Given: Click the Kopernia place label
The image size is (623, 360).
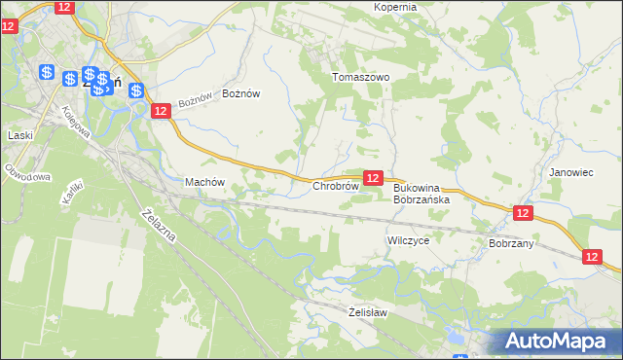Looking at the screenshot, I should (x=394, y=7).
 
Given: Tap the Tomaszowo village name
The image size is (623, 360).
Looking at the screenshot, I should (x=360, y=77).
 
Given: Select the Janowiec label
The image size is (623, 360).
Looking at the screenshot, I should (x=570, y=172).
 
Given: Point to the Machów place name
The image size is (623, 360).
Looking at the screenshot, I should (x=204, y=182).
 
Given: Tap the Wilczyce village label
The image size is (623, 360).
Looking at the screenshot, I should (x=408, y=239).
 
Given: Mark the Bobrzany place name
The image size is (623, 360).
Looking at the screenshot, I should (x=511, y=243).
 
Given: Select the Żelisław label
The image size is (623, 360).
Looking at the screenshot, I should (x=368, y=312).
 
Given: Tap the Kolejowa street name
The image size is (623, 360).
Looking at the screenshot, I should (x=76, y=121).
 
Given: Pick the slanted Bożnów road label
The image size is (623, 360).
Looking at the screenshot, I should (x=195, y=101).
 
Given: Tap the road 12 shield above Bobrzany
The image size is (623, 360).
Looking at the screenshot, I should (x=523, y=213).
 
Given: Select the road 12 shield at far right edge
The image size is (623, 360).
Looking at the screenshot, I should (x=594, y=256).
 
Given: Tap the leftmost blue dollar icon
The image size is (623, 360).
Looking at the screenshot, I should (x=46, y=71).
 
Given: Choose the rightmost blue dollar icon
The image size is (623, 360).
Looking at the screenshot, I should (x=135, y=90).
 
